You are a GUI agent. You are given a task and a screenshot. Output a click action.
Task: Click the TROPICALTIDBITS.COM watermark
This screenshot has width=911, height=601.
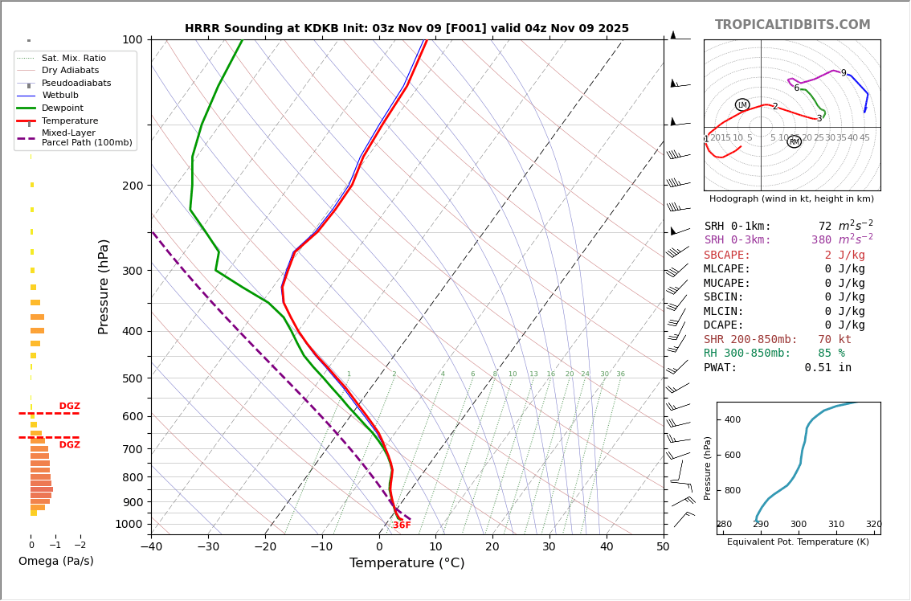792,25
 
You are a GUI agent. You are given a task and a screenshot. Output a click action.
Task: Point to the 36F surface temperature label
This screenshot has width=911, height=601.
402,525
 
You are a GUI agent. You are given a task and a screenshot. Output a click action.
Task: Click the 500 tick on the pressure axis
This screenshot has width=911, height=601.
132,378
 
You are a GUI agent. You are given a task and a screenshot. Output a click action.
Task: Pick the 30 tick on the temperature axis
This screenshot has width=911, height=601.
549,547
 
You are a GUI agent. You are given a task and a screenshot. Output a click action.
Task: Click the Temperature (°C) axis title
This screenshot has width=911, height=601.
406,563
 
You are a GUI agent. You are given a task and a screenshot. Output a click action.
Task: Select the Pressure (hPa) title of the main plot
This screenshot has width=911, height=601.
104,286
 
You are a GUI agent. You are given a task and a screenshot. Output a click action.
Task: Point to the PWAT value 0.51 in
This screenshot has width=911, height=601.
827,368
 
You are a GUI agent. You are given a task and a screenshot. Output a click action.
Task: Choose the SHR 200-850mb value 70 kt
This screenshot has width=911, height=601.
835,340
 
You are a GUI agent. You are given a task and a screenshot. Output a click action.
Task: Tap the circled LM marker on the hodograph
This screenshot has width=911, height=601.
742,104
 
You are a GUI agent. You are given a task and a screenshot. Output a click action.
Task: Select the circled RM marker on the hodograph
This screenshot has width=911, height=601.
794,141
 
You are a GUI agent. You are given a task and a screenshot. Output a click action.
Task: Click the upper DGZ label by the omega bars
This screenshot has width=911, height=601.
69,407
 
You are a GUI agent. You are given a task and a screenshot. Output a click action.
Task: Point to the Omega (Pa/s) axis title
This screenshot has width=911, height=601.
56,561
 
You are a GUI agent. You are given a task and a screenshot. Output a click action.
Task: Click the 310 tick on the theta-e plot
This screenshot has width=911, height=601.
836,524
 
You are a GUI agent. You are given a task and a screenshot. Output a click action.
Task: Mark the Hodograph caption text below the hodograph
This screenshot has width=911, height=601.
791,198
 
